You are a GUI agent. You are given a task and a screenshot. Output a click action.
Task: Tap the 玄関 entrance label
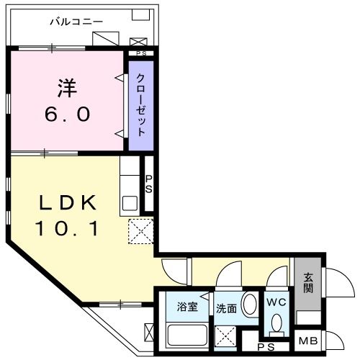[x=308, y=283]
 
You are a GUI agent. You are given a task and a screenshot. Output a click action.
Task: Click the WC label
[x=276, y=302]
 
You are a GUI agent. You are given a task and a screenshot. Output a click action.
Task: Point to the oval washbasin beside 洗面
[x=249, y=305]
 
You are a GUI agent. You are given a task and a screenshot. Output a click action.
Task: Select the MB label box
[x=308, y=341]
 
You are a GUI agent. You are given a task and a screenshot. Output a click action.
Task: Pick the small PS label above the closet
[x=141, y=53]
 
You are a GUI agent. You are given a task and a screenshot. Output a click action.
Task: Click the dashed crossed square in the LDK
[x=139, y=231]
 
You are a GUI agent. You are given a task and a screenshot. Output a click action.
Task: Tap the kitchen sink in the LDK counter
[x=130, y=200]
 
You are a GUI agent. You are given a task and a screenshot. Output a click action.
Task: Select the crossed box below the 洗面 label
[x=227, y=334]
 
